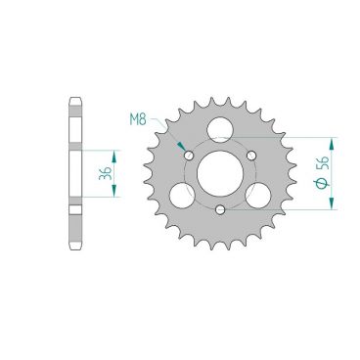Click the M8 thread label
tap(138, 119)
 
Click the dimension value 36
tap(106, 173)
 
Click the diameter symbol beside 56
tap(323, 183)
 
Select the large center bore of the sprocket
tap(220, 173)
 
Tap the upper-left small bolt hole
tap(189, 156)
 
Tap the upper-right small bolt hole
tap(251, 156)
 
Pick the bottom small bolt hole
tap(220, 209)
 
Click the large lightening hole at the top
tap(220, 129)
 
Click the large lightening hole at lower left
tap(183, 196)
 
